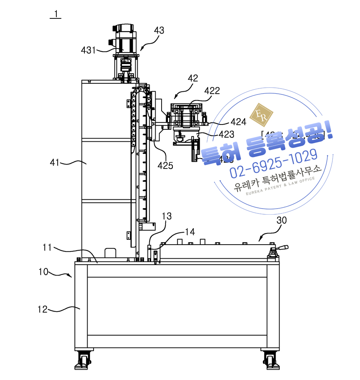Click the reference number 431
coord(88,50)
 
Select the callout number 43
coord(159,30)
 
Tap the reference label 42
coord(193,78)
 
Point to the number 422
coord(212,91)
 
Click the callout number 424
coord(238,121)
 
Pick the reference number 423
coord(226,134)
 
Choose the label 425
coord(165,165)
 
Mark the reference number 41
coord(54,162)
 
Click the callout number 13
coord(167,216)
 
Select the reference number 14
coord(190,232)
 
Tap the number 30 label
coord(282,220)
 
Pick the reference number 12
coord(43,309)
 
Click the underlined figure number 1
coord(56,14)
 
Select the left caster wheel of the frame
coord(82,360)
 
